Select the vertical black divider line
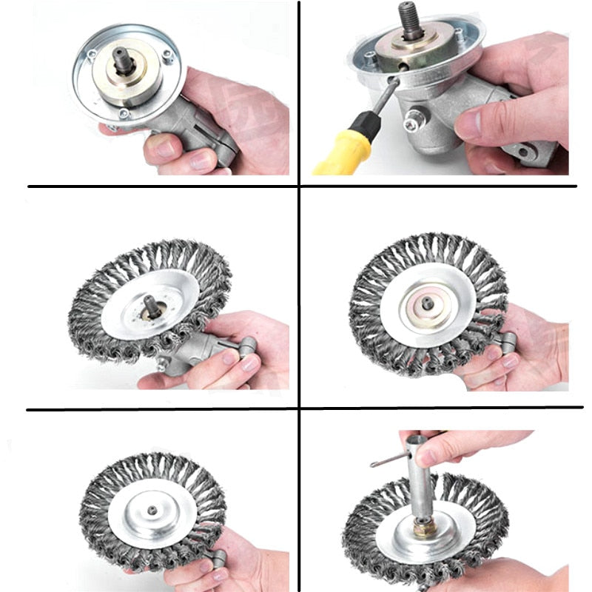tap(299, 296)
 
